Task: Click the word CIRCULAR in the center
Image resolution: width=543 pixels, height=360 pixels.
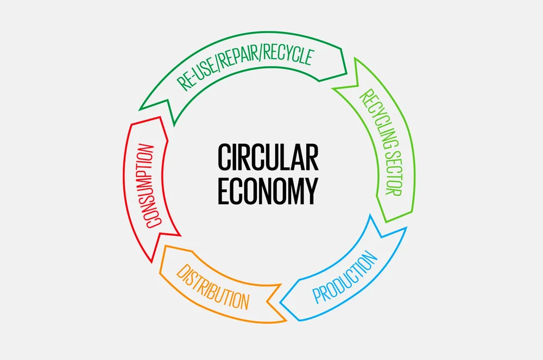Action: [268, 157]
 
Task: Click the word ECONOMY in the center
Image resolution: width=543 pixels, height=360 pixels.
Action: [268, 191]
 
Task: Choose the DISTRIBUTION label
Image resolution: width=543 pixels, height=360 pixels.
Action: [213, 286]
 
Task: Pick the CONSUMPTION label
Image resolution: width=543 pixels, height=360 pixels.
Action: [148, 185]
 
